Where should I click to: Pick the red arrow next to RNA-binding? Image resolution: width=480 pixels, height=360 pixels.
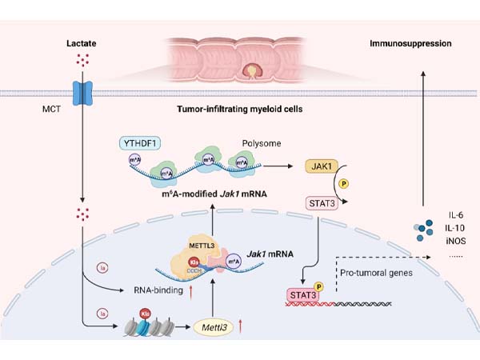pos(192,292)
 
